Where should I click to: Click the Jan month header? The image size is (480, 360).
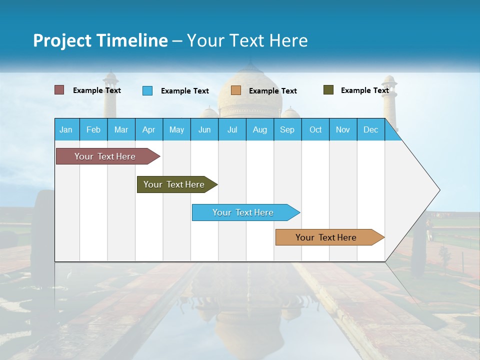66,129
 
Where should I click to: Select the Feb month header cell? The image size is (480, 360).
93,129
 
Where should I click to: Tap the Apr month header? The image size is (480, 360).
149,129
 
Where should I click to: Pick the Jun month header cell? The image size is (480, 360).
204,129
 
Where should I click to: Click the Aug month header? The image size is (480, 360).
260,129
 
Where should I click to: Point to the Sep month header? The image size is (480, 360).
287,129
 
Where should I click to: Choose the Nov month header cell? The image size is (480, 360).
343,129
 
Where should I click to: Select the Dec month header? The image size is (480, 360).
371,129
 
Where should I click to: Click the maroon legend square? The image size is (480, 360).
59,90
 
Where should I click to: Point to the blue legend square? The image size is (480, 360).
147,90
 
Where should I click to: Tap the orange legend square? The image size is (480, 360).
236,90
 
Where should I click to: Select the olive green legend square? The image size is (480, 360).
328,90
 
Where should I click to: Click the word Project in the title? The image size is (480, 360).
62,40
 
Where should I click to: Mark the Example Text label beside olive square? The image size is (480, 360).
364,90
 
